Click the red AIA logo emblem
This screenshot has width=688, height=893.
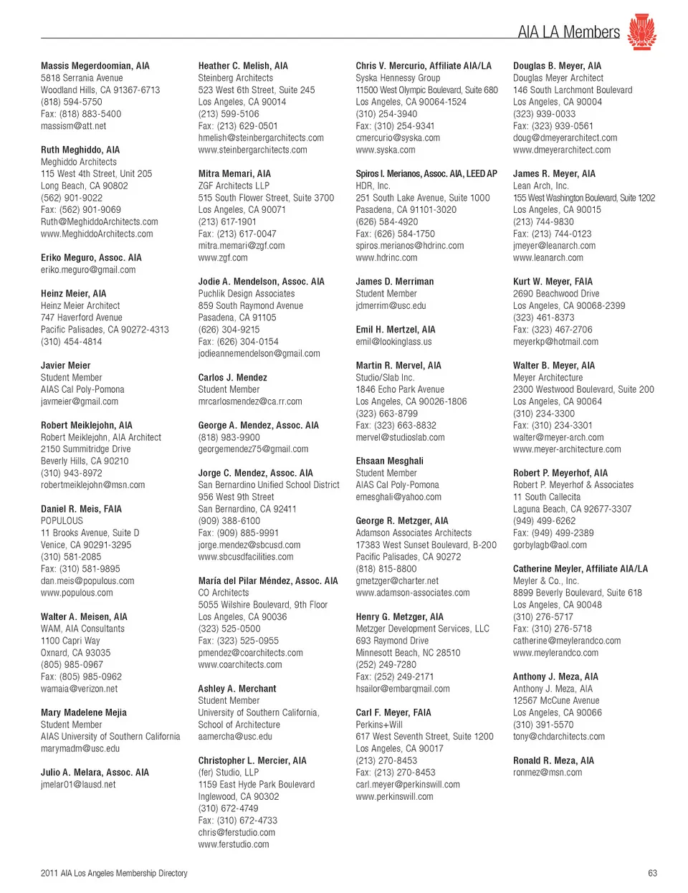click(641, 32)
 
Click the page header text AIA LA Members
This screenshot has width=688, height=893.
click(568, 32)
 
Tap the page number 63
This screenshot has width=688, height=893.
click(652, 873)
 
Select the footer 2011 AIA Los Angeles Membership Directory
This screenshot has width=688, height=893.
click(114, 873)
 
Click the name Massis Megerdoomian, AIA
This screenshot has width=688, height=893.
click(95, 66)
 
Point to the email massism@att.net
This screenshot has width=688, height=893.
click(73, 126)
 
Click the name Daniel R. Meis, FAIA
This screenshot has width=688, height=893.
click(81, 509)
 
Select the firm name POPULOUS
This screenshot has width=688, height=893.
click(62, 521)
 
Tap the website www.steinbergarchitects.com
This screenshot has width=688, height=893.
click(252, 150)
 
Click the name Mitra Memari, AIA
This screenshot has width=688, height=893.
click(234, 173)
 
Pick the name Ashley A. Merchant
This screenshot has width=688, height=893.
click(237, 689)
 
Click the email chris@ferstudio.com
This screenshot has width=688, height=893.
click(236, 832)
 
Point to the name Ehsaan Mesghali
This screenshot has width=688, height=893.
click(389, 461)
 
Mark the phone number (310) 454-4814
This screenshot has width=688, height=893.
click(71, 342)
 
